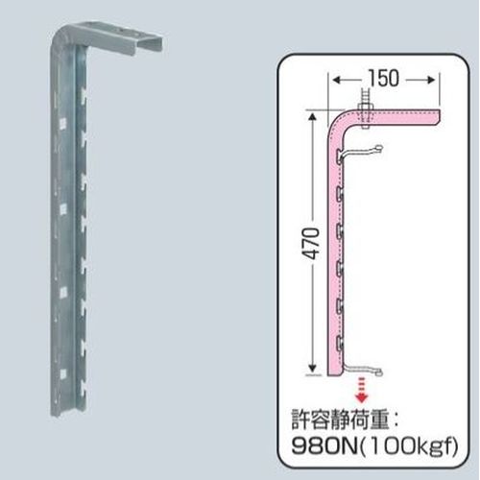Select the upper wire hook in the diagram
(365, 154)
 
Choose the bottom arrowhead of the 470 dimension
(311, 372)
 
